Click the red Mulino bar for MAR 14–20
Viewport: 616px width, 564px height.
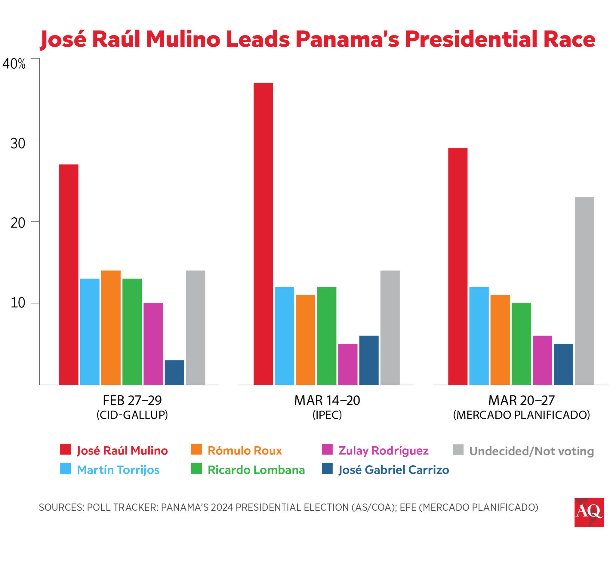[x=263, y=234]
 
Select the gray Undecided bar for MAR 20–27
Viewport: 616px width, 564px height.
[x=584, y=291]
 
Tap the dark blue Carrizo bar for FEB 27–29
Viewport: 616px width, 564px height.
[x=174, y=372]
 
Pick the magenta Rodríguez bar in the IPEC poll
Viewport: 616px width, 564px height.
[x=347, y=364]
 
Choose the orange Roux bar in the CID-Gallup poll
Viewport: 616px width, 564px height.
[x=111, y=327]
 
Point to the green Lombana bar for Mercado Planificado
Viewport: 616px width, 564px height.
[x=521, y=344]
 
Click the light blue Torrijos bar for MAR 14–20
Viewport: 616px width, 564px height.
[x=284, y=336]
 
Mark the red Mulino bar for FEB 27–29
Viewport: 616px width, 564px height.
[x=69, y=274]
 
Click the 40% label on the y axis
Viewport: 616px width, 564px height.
[x=14, y=64]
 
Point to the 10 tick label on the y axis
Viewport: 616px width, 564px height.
[x=18, y=303]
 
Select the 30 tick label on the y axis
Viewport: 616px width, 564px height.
[x=18, y=143]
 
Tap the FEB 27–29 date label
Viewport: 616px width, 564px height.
[x=132, y=401]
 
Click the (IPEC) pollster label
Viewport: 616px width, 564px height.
[x=327, y=415]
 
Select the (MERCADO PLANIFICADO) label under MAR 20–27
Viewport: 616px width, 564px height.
[x=521, y=415]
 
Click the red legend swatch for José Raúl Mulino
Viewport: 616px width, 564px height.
[x=65, y=449]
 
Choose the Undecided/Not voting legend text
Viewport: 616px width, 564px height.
[x=531, y=451]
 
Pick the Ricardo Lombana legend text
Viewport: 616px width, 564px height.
[x=256, y=470]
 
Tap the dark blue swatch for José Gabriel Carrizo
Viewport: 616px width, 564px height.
[x=327, y=469]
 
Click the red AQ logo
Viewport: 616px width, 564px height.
[x=589, y=512]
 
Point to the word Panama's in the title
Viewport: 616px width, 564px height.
[x=347, y=39]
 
